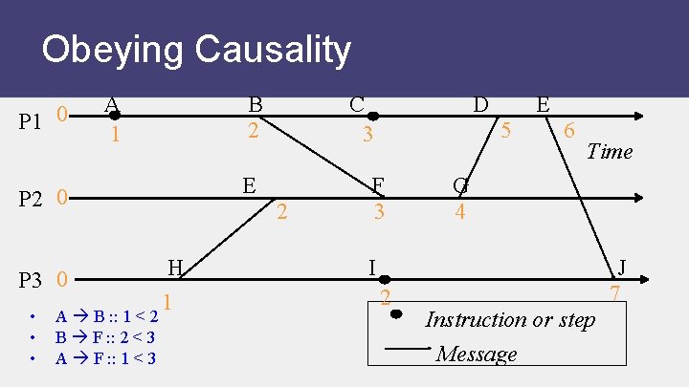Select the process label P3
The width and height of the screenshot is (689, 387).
click(32, 281)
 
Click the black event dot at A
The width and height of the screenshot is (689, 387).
click(114, 116)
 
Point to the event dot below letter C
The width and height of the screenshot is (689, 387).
click(373, 117)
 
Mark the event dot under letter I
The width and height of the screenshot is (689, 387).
click(385, 280)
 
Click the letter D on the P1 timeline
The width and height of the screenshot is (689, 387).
click(481, 103)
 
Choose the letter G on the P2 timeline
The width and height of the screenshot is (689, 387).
click(460, 184)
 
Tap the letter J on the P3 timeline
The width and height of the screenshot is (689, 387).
click(623, 267)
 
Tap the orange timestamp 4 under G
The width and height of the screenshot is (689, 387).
click(460, 210)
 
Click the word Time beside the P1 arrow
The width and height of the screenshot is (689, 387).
click(610, 151)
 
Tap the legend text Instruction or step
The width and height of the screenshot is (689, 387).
click(509, 319)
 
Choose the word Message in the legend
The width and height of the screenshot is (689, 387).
click(476, 354)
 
